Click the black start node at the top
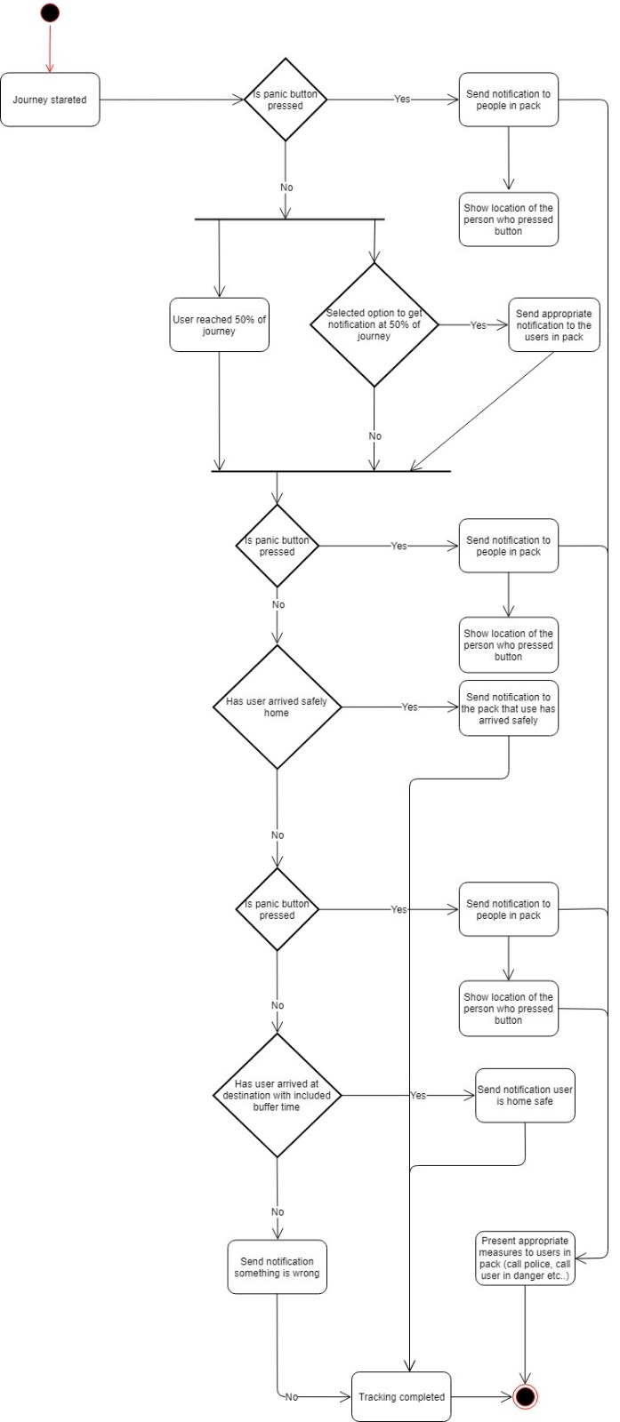(x=50, y=12)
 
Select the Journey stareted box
(x=50, y=100)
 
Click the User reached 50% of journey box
(x=219, y=325)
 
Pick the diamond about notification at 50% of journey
(x=374, y=325)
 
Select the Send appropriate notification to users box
(x=553, y=325)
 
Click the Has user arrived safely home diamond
(x=278, y=707)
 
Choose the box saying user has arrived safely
(x=508, y=708)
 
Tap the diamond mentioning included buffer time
(x=278, y=1095)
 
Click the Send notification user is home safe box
(x=525, y=1095)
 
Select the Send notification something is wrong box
(x=277, y=1266)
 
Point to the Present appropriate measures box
(x=525, y=1258)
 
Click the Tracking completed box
(x=401, y=1396)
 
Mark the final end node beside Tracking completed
(x=525, y=1396)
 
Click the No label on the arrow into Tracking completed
(x=291, y=1397)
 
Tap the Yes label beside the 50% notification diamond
(x=479, y=325)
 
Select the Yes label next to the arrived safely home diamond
(x=409, y=707)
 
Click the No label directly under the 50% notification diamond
(x=374, y=436)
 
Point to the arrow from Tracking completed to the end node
(x=481, y=1396)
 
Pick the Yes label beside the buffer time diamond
(x=418, y=1096)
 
